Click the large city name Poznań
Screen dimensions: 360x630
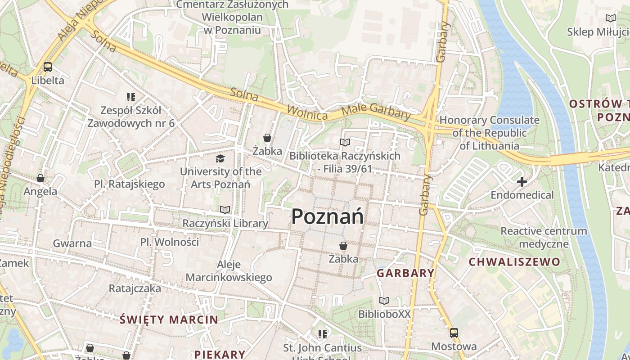tap(327, 216)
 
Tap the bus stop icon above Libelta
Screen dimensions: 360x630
tap(48, 67)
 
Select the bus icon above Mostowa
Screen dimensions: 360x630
tap(454, 333)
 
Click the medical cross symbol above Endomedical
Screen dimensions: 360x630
tap(522, 182)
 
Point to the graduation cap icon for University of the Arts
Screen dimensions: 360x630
tap(220, 158)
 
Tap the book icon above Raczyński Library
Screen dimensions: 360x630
tap(225, 210)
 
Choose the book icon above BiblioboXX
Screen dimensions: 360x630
tap(384, 301)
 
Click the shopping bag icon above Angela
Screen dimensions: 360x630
tap(40, 178)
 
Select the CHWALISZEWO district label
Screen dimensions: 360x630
tap(514, 262)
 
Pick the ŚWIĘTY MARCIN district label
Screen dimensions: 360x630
tap(169, 320)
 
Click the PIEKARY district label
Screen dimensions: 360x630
tap(220, 354)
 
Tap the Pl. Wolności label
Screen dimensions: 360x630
tap(169, 242)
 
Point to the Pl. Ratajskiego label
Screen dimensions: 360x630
tap(130, 184)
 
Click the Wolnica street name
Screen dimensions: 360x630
tap(307, 113)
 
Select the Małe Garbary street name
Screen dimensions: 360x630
tap(376, 111)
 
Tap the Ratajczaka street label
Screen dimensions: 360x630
tap(135, 288)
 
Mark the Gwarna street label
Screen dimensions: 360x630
tap(72, 243)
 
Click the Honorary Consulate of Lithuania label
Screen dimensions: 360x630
tap(489, 133)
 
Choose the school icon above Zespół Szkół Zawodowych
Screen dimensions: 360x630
tap(131, 97)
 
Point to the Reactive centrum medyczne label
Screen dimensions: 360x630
tap(544, 238)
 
